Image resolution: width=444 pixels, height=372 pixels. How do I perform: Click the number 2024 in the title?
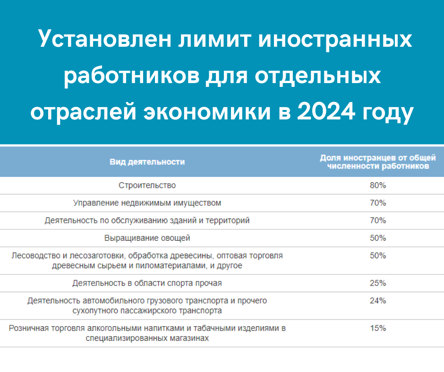click(326, 111)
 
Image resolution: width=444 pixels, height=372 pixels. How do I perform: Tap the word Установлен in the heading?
click(105, 39)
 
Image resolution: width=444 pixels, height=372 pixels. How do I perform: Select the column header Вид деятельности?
click(147, 161)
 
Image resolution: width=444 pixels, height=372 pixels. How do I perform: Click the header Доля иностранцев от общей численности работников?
click(378, 161)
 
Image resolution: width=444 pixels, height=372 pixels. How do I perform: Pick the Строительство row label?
click(147, 185)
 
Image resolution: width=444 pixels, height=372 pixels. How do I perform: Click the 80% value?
click(378, 185)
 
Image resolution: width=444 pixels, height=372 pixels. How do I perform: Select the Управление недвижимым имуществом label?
click(147, 203)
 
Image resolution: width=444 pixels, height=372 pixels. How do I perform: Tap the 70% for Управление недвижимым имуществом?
click(378, 203)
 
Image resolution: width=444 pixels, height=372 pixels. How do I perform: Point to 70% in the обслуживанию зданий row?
click(378, 220)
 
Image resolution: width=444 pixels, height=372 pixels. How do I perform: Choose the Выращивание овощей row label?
click(147, 238)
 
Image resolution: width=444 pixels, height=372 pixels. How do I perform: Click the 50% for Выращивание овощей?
click(378, 238)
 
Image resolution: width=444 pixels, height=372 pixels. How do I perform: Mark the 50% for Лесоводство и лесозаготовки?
click(378, 255)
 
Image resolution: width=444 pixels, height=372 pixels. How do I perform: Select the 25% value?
click(378, 283)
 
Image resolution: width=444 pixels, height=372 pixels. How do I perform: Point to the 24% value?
click(378, 300)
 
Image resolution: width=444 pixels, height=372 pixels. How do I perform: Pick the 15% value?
click(378, 328)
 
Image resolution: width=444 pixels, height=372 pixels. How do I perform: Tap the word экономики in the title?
click(207, 111)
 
